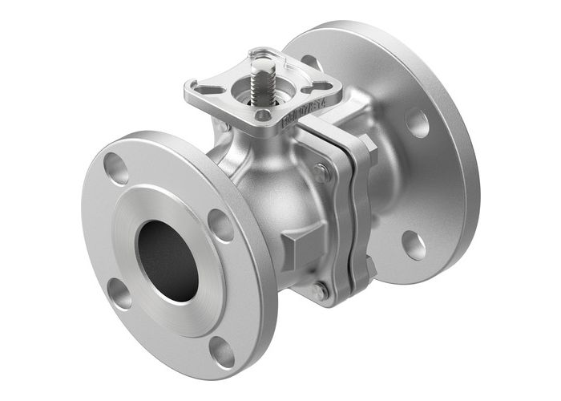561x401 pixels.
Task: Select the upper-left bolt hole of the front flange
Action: point(117,168)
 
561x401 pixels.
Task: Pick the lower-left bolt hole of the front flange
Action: point(120,294)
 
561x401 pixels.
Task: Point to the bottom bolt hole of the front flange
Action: point(222,350)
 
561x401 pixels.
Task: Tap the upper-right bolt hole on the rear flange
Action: point(417,122)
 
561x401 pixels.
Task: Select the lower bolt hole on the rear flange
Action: point(414,244)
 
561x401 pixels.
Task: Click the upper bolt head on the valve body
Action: point(321,172)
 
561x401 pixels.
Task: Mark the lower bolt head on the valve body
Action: point(320,291)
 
